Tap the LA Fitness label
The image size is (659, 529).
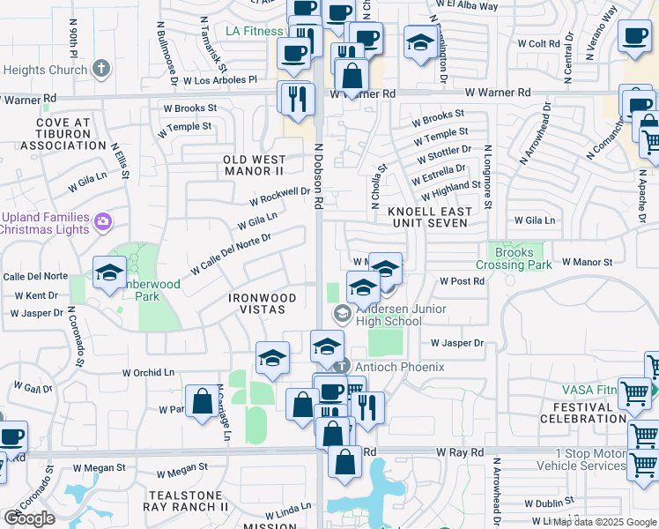[254, 32]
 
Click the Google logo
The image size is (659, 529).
[29, 518]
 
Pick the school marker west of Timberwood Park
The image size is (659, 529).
[109, 272]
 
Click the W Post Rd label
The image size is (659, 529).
[463, 281]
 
